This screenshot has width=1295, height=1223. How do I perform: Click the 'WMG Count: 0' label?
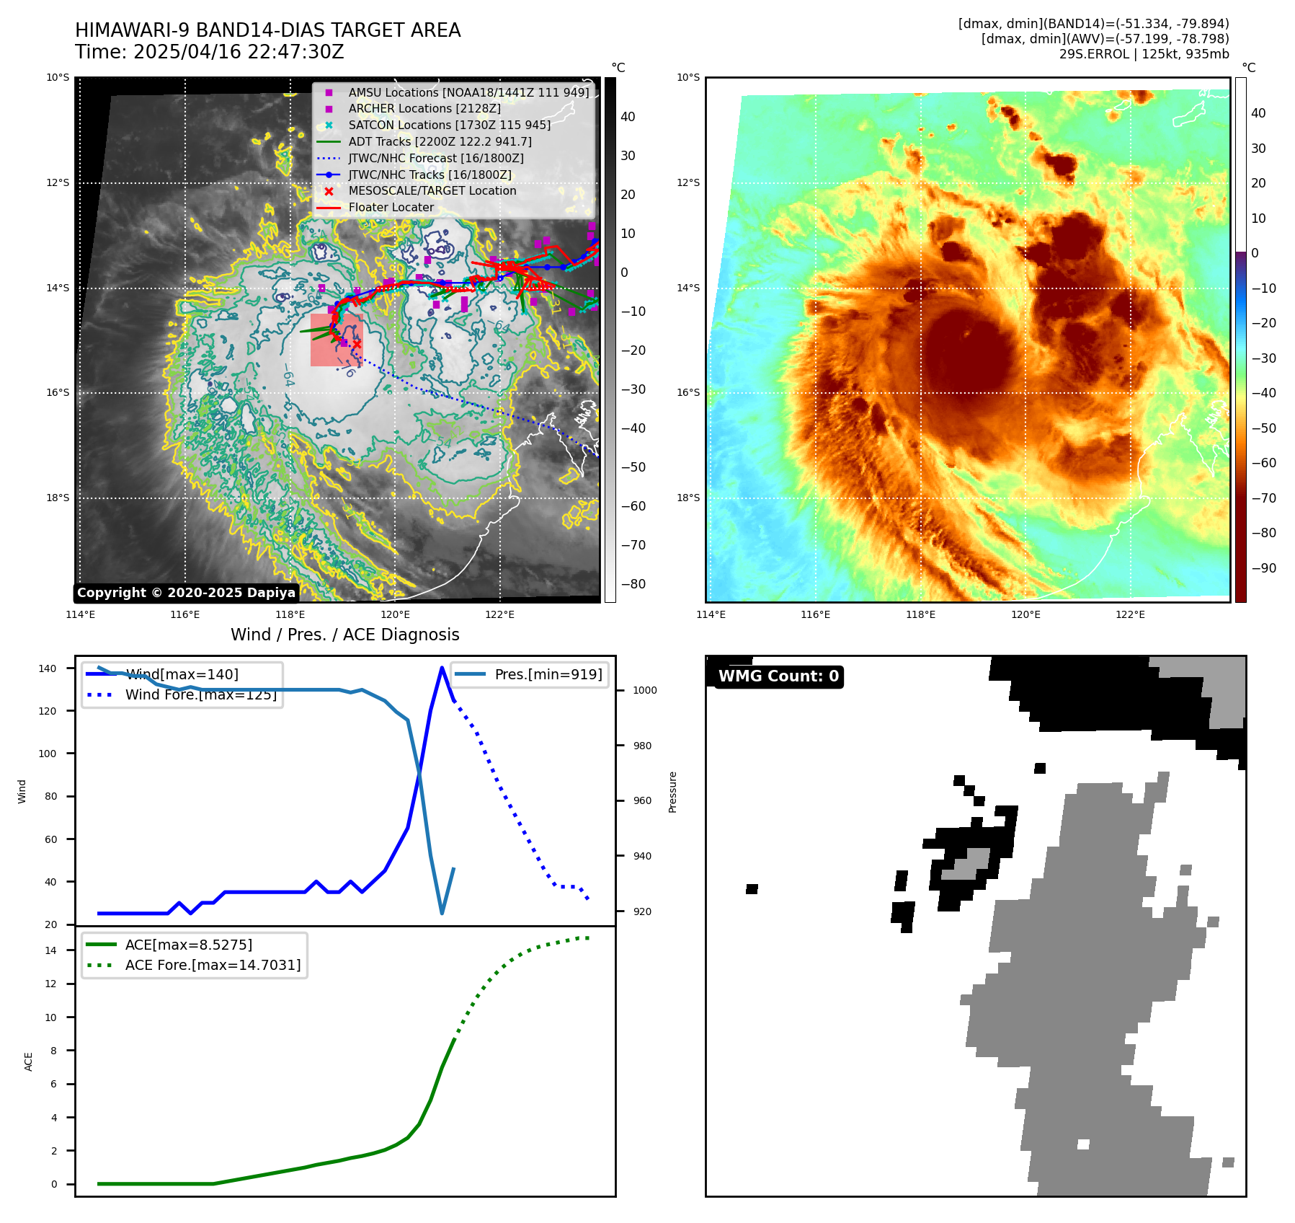point(778,676)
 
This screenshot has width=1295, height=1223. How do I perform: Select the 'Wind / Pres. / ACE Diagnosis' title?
point(344,635)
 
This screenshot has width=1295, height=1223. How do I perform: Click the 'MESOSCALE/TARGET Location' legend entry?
point(432,191)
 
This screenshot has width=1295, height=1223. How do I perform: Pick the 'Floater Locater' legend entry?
point(391,208)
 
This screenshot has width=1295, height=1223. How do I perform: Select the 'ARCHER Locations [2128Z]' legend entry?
point(424,109)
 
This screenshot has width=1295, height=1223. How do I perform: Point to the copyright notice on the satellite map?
point(186,593)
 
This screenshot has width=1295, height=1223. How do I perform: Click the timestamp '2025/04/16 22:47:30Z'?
point(239,53)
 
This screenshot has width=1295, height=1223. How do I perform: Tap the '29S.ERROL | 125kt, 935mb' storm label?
point(1144,54)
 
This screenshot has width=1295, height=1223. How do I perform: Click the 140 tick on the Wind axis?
point(48,668)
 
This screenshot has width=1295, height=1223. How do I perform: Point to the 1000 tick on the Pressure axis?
point(645,691)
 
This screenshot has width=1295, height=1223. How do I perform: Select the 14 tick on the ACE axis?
point(50,950)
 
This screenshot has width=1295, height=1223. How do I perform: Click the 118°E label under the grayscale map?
point(290,614)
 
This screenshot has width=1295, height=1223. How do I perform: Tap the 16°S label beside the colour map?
point(688,393)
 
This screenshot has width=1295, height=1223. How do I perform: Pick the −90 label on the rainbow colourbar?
point(1263,568)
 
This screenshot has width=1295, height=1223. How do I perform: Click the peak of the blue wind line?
point(442,668)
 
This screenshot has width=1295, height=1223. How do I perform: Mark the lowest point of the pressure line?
point(442,914)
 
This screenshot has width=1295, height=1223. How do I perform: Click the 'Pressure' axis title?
point(673,792)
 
